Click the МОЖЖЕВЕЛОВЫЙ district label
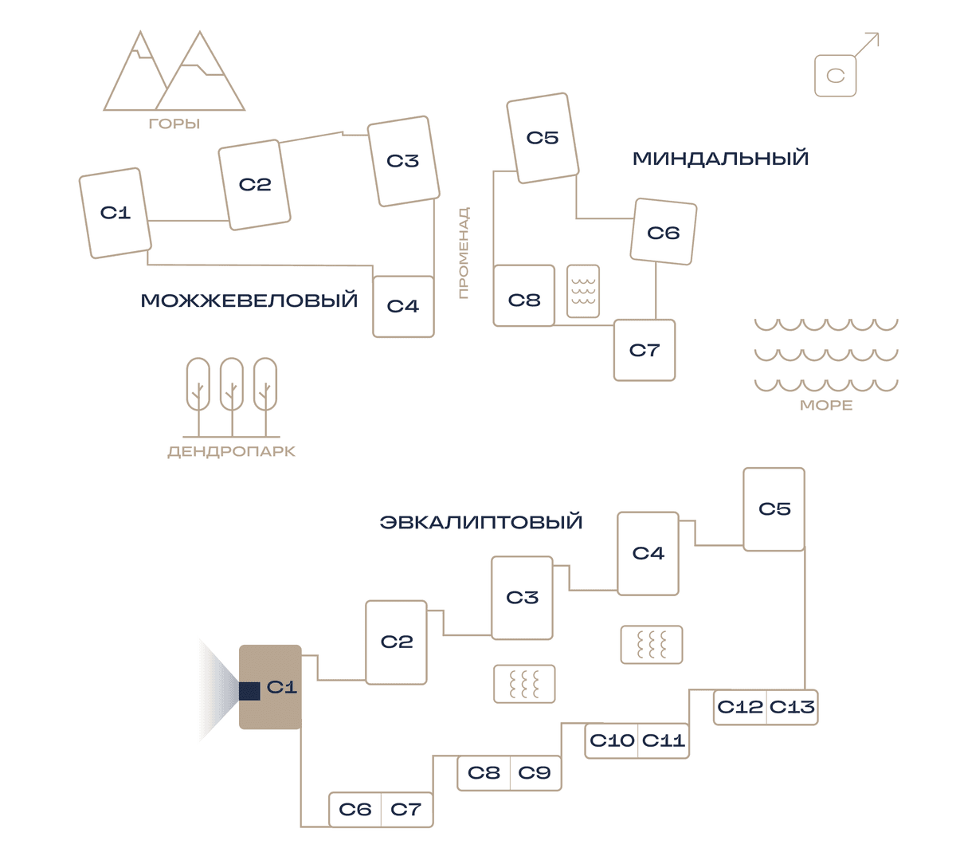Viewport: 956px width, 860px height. (x=249, y=300)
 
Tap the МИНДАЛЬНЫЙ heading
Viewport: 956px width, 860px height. (x=720, y=159)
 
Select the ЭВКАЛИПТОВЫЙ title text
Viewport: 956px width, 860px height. (x=481, y=522)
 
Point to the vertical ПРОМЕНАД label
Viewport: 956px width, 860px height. (x=463, y=253)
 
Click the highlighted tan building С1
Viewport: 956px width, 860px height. (x=270, y=687)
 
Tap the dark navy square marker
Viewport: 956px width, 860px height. (x=249, y=691)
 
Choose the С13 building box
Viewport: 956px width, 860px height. (x=792, y=707)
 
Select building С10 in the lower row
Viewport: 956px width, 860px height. (x=611, y=740)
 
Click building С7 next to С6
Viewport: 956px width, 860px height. (x=406, y=810)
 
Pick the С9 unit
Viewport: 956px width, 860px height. (x=535, y=772)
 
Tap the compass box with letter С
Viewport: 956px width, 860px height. (x=835, y=76)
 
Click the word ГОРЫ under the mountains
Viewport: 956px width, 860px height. (x=174, y=124)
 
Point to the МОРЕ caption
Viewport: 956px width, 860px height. (x=826, y=406)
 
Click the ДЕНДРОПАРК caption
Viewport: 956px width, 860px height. (x=231, y=451)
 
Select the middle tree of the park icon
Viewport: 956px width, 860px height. (x=232, y=397)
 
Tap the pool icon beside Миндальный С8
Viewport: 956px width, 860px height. (x=583, y=292)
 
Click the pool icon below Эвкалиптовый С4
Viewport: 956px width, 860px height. (x=652, y=645)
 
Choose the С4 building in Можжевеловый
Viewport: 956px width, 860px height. (x=403, y=306)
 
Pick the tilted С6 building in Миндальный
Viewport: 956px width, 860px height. (x=664, y=232)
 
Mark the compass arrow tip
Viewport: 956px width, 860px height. (x=878, y=33)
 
